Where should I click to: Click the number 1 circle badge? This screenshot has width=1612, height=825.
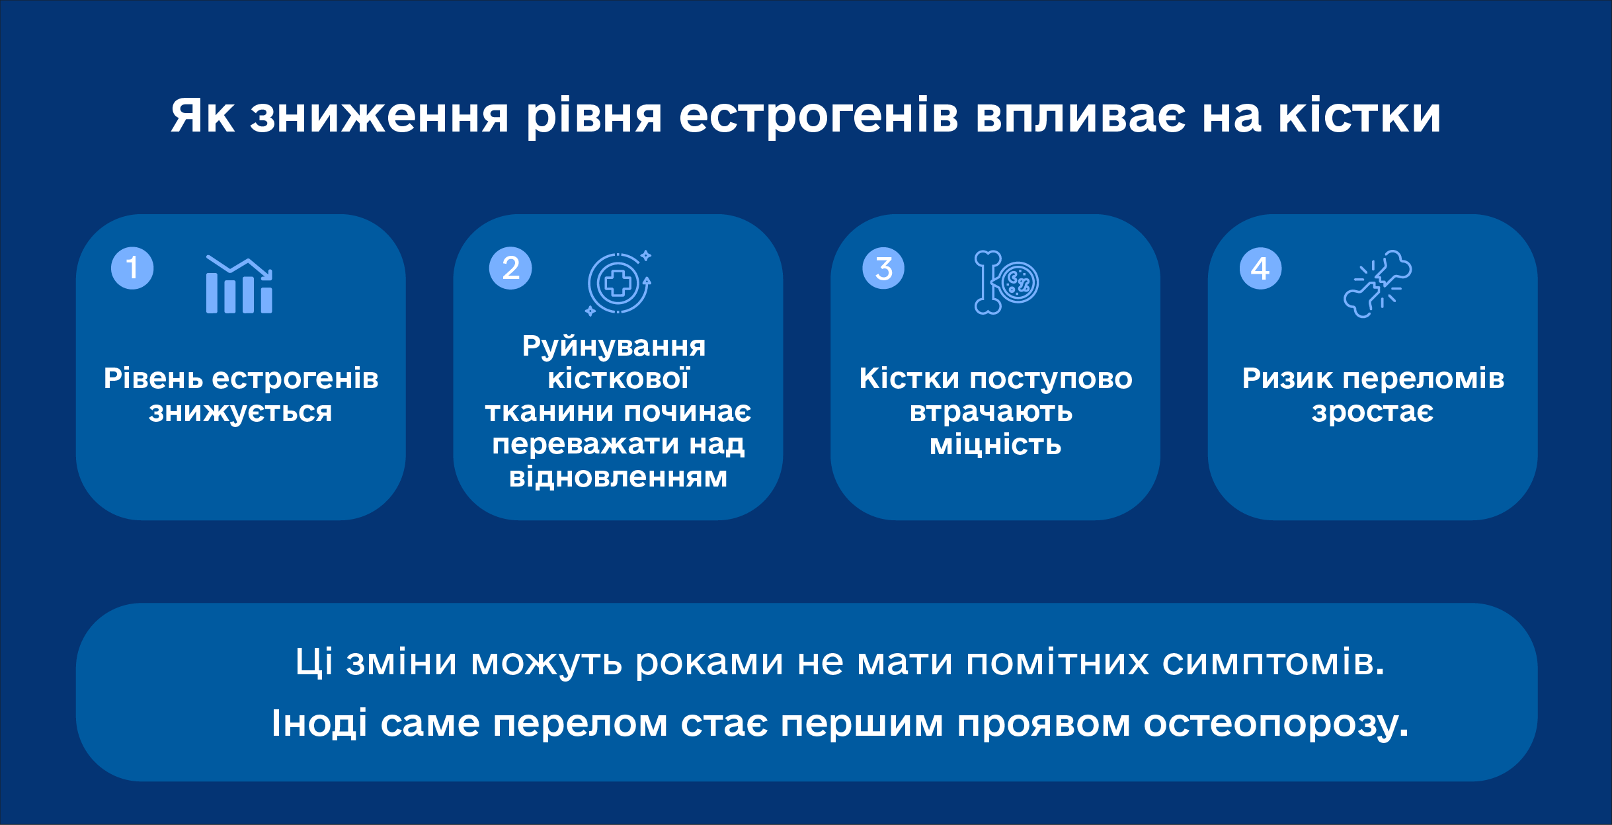tap(132, 268)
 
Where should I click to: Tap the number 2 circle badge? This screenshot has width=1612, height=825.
tap(510, 268)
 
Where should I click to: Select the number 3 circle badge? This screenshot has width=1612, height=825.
tap(883, 268)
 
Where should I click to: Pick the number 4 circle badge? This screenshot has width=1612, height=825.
tap(1260, 268)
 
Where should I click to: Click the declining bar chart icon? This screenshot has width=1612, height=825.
tap(239, 284)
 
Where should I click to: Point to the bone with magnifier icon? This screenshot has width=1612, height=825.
tap(1006, 283)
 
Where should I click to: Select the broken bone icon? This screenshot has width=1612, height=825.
tap(1378, 284)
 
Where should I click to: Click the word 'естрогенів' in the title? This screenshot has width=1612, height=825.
tap(819, 116)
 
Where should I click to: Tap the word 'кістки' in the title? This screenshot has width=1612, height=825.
tap(1359, 116)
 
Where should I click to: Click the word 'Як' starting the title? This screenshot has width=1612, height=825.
tap(202, 116)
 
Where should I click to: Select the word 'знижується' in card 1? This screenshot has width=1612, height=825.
tap(241, 412)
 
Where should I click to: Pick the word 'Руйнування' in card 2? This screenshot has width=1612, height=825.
tap(614, 346)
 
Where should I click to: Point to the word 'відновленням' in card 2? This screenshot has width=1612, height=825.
tap(618, 477)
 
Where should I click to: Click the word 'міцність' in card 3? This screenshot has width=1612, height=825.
tap(996, 445)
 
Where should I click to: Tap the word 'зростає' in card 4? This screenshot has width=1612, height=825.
tap(1373, 412)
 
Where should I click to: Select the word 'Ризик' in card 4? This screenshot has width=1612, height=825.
tap(1287, 379)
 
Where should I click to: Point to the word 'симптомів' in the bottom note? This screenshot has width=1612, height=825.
tap(1273, 662)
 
